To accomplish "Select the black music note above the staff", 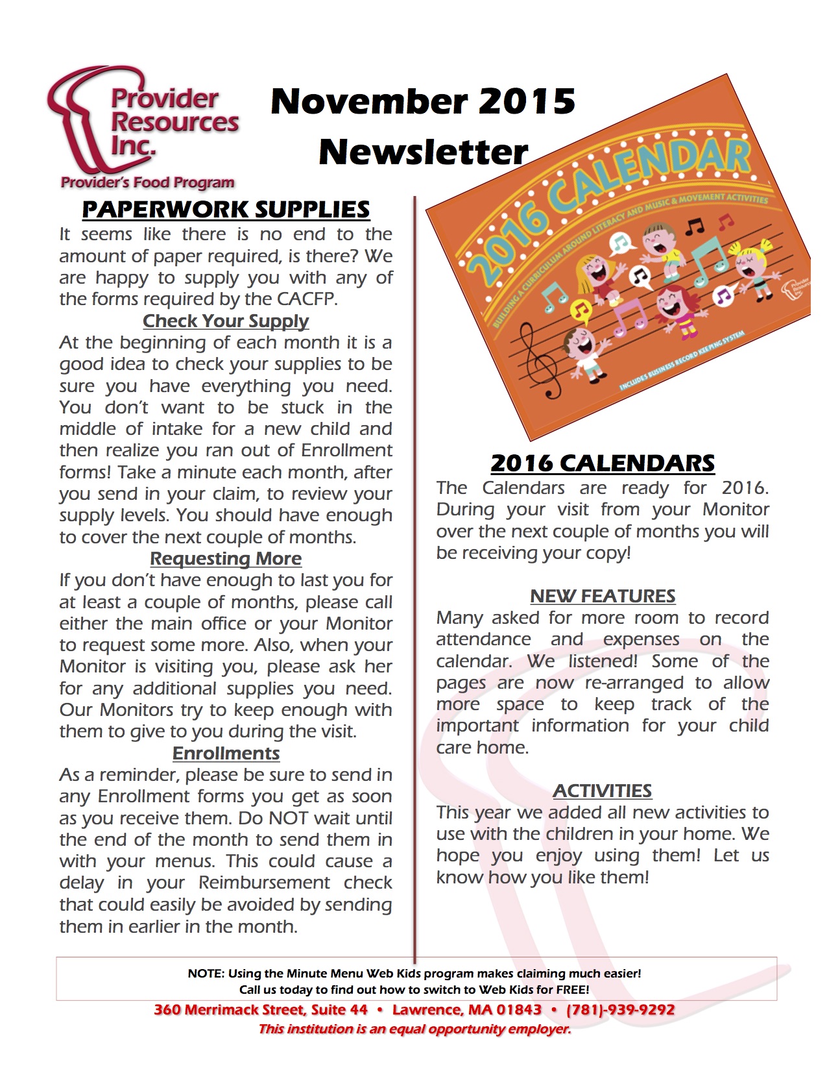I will [x=695, y=227].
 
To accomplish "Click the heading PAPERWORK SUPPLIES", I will [x=226, y=210].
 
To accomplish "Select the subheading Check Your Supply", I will [x=226, y=321].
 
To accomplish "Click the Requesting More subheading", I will [x=226, y=558].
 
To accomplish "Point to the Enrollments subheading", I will [x=226, y=753].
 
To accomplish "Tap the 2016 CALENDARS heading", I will [x=603, y=463].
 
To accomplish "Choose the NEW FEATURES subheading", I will [x=603, y=596].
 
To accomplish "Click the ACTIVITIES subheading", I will [x=603, y=791].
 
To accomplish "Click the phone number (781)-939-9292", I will [x=620, y=1010].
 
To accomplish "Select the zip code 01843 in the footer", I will [x=519, y=1010].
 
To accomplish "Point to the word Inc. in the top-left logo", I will [x=133, y=146].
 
